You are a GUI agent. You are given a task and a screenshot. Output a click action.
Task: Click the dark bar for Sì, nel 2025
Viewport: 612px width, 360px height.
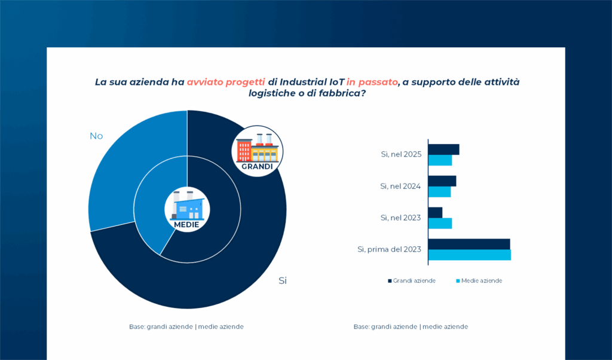click(443, 150)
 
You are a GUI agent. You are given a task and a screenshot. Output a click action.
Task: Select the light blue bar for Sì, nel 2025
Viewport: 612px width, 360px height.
click(440, 160)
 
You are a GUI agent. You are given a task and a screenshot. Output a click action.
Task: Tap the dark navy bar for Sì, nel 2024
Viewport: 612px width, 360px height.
click(442, 181)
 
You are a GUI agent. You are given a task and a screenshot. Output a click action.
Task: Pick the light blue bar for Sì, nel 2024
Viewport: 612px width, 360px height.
click(439, 191)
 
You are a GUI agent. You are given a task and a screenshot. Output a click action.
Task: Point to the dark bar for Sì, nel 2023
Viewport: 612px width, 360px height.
click(435, 212)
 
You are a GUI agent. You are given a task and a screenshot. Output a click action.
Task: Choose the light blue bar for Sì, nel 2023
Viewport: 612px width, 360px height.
click(440, 223)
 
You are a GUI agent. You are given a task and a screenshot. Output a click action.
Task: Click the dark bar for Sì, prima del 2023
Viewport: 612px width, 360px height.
click(469, 244)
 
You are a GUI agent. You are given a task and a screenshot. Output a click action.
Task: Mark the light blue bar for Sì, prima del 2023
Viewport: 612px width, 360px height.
click(470, 255)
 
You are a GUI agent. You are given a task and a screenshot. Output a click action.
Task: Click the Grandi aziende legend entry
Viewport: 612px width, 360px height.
click(412, 280)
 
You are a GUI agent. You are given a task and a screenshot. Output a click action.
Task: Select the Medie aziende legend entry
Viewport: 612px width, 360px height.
click(479, 280)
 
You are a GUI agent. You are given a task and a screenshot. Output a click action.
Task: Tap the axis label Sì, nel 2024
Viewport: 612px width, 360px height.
click(400, 186)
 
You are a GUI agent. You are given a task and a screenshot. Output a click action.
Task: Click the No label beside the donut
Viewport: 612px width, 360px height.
click(96, 136)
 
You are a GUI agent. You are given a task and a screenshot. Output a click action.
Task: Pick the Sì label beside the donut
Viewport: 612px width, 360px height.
click(283, 280)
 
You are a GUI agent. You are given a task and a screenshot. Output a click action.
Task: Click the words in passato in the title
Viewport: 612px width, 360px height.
click(372, 82)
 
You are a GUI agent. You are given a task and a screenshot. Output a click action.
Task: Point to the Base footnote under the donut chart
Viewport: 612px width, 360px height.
click(186, 327)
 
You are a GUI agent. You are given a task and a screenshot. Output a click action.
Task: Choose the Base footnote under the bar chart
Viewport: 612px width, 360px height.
click(411, 327)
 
